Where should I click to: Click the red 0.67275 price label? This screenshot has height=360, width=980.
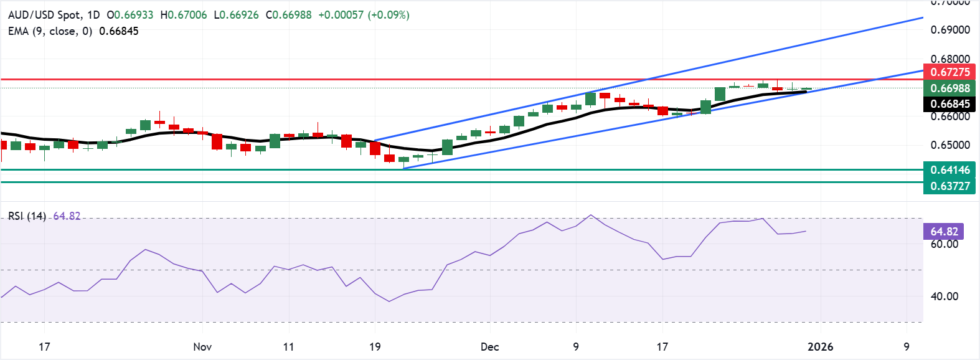[949, 72]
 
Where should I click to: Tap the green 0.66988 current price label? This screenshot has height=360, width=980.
[949, 88]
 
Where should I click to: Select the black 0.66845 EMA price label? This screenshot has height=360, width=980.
[949, 104]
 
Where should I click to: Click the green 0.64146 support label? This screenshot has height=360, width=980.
[949, 170]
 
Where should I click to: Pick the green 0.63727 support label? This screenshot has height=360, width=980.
[949, 186]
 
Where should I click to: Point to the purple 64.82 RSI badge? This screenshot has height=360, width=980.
[944, 232]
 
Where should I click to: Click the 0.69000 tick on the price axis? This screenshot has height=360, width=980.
[949, 30]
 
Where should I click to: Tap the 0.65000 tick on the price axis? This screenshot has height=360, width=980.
[949, 145]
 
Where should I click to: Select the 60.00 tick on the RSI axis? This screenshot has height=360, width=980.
[944, 244]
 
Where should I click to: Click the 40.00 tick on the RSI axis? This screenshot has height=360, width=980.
[944, 296]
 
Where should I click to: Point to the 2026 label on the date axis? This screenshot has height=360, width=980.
[820, 347]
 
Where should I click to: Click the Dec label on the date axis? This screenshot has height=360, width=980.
[489, 347]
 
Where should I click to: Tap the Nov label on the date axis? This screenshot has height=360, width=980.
[202, 347]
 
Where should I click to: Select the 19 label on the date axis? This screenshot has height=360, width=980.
[375, 347]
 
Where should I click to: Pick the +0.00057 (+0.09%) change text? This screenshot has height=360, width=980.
[364, 15]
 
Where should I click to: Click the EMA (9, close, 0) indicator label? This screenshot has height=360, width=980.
[50, 31]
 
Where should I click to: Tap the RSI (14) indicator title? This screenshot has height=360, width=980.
[27, 216]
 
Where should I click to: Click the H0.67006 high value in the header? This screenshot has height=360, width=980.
[184, 15]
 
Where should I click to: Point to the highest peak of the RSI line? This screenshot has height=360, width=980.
[591, 216]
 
